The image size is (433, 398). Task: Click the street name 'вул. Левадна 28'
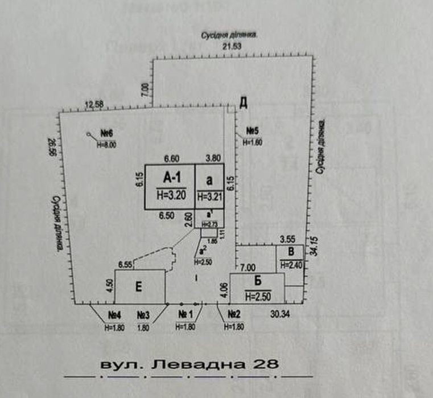coord(189,363)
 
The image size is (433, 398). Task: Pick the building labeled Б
coord(258,281)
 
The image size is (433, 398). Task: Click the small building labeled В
coord(291,251)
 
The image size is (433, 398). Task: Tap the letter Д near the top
coord(243,103)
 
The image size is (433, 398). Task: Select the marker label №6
coord(107,133)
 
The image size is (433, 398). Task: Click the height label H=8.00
coord(106,145)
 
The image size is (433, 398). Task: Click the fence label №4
coord(116,315)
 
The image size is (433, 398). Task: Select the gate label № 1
coord(186,315)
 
